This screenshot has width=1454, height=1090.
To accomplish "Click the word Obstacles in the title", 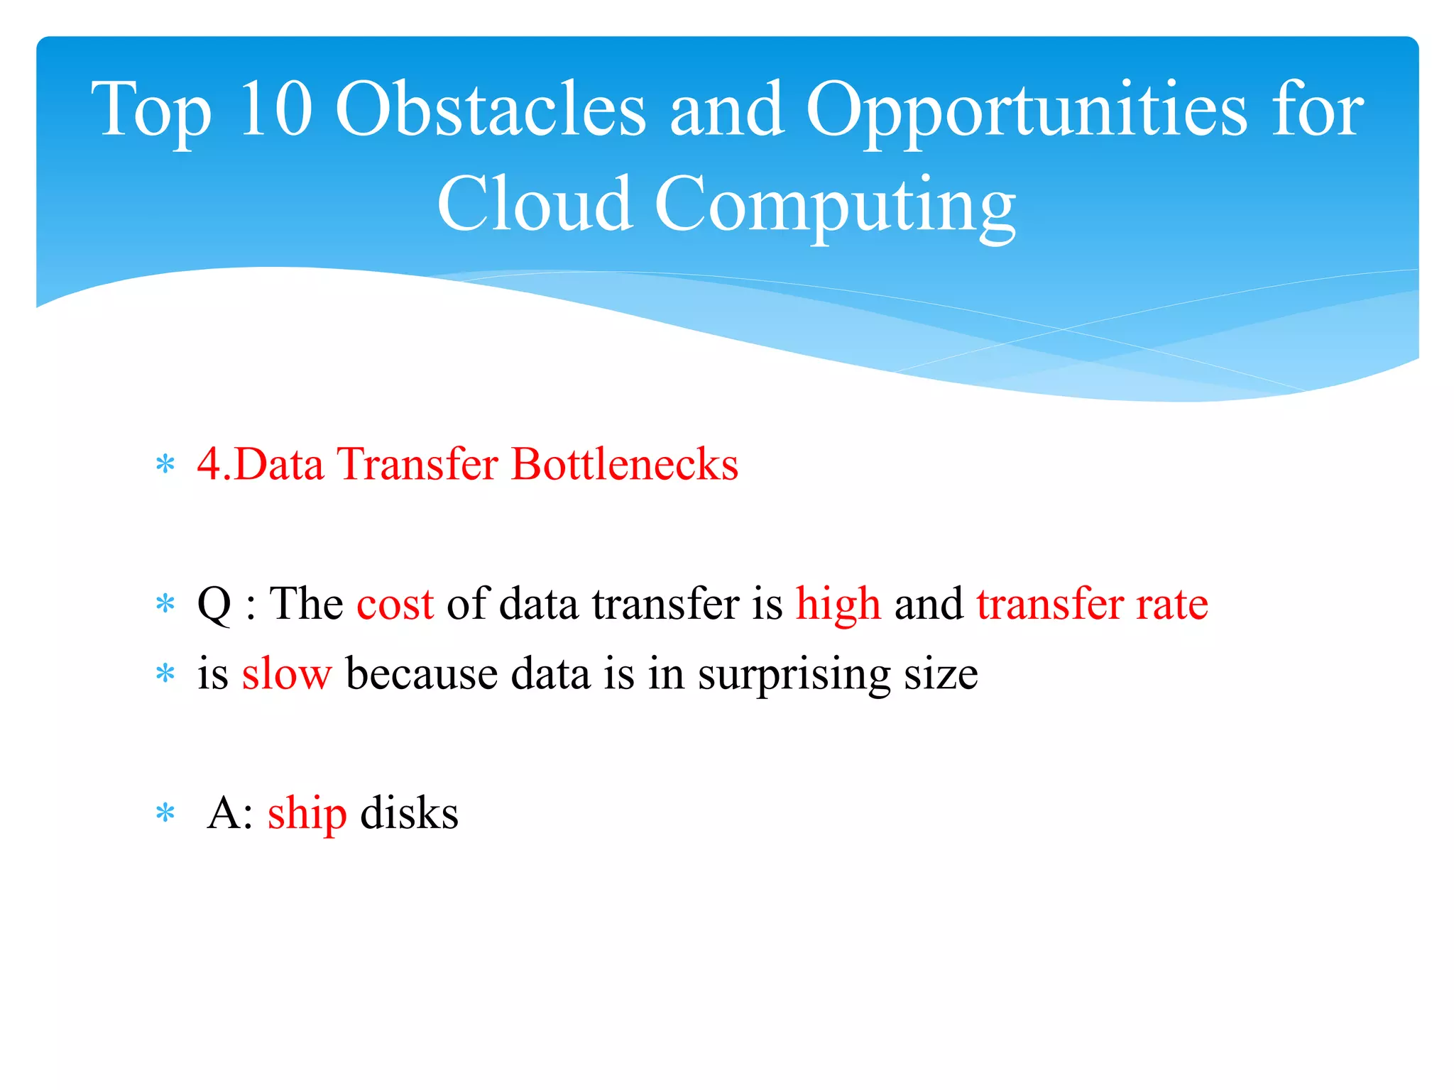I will tap(490, 109).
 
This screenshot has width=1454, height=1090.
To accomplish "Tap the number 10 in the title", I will tap(275, 109).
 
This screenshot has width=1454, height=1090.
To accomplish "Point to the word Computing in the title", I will tap(835, 206).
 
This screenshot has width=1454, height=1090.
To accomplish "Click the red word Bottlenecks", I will tap(625, 464).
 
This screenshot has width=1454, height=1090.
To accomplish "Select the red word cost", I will tap(395, 604).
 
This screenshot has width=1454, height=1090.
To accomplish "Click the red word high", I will tap(838, 605).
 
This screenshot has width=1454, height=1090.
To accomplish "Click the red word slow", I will tap(286, 673).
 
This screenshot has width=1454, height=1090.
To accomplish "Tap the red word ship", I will tap(307, 814).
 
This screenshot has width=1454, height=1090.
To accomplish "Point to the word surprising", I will tap(794, 675).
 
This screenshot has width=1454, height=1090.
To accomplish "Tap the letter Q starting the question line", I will tap(214, 605).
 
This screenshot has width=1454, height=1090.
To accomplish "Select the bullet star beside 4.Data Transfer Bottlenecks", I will tap(165, 466).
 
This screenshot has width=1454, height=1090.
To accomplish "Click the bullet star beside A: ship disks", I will tap(165, 813).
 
